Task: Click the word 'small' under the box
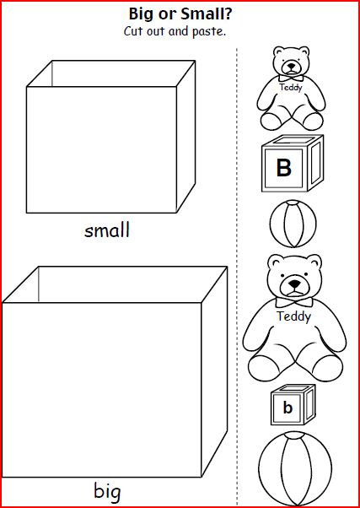tap(107, 230)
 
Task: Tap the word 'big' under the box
tap(107, 491)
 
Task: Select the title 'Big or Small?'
tap(180, 14)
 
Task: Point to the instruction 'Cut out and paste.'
tap(175, 32)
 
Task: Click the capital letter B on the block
tap(284, 168)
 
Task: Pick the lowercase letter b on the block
tap(287, 408)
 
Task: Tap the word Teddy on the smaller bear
tap(291, 87)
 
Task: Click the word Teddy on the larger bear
tap(293, 316)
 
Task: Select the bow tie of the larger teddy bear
tap(294, 302)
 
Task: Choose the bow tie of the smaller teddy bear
tap(291, 78)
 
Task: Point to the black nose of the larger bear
tap(294, 284)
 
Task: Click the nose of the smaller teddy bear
tap(292, 66)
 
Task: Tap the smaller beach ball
tap(293, 224)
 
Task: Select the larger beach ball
tap(295, 467)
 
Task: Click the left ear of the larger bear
tap(277, 263)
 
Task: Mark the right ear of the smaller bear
tap(304, 52)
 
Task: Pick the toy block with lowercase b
tap(293, 405)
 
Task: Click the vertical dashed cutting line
tap(237, 277)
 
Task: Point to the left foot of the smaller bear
tap(272, 122)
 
